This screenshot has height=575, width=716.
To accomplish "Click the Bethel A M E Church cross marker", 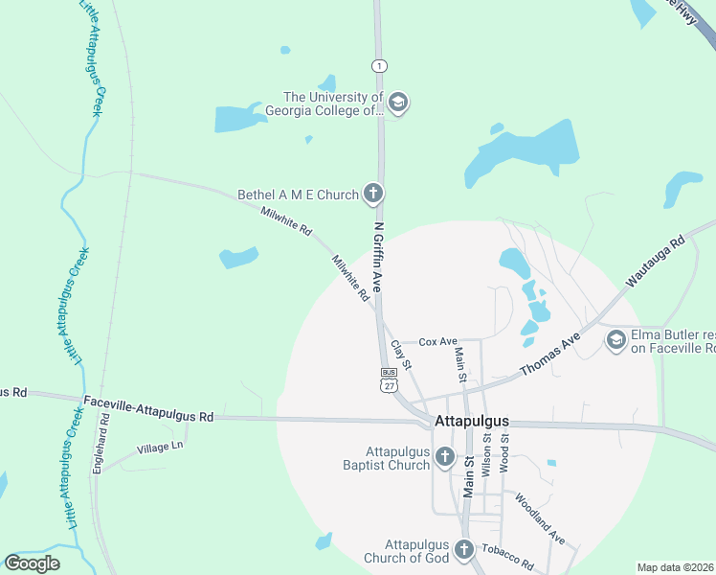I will (373, 195).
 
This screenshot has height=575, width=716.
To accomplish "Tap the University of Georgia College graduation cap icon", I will (398, 103).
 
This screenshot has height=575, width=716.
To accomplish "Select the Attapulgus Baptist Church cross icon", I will (444, 458).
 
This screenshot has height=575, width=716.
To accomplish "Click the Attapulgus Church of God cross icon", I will (464, 550).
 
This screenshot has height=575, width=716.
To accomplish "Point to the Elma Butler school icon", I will (616, 340).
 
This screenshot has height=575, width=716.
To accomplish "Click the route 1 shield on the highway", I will (380, 65).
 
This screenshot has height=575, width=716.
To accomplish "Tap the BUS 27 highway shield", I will (389, 379).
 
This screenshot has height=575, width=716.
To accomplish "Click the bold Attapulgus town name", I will (471, 421).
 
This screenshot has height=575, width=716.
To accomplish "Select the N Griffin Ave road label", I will (379, 258).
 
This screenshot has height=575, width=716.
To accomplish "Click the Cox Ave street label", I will (438, 341).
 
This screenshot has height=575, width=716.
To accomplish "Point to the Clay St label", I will (401, 355).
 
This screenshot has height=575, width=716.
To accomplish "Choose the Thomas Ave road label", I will (550, 354).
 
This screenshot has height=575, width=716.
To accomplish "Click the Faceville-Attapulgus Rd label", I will (147, 409).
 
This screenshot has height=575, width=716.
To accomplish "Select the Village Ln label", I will (160, 447).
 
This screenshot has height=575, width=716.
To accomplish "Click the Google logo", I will (32, 563).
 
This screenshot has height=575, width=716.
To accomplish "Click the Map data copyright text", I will (675, 567).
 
